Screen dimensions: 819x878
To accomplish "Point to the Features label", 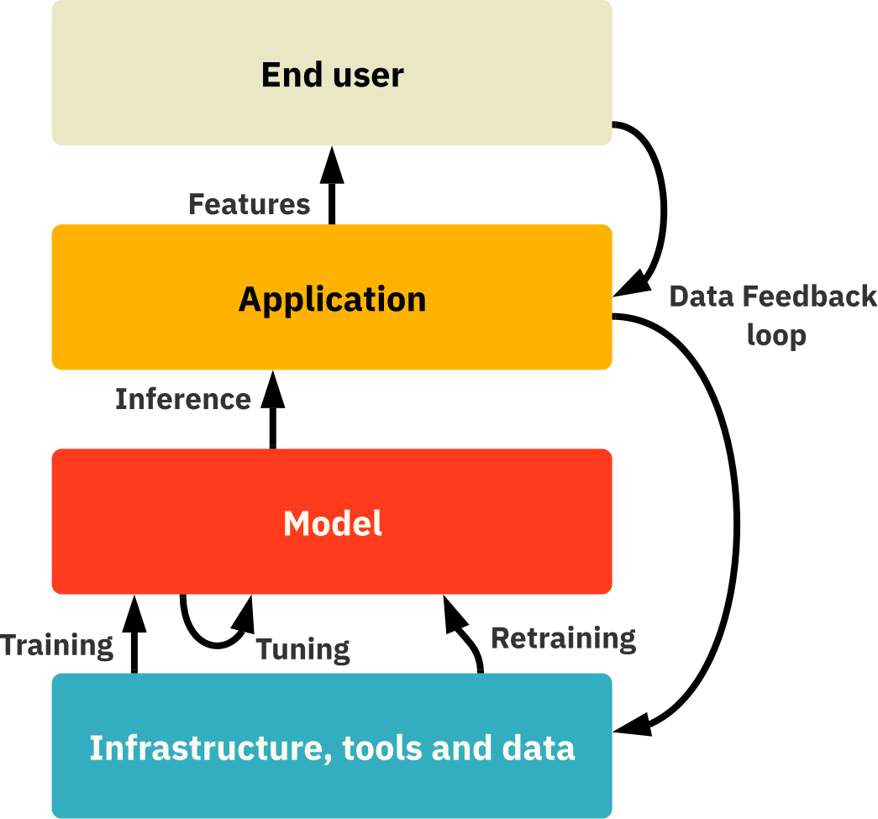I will [249, 204].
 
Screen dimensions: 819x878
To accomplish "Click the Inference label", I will [183, 399].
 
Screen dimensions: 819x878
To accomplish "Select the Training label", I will [57, 646].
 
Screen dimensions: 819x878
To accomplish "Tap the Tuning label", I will [302, 649].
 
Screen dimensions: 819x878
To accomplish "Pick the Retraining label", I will [563, 638].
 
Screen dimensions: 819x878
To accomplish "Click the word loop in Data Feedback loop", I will [776, 335].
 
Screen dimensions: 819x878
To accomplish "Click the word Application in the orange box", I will [332, 299].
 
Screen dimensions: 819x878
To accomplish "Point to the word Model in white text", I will [333, 523].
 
